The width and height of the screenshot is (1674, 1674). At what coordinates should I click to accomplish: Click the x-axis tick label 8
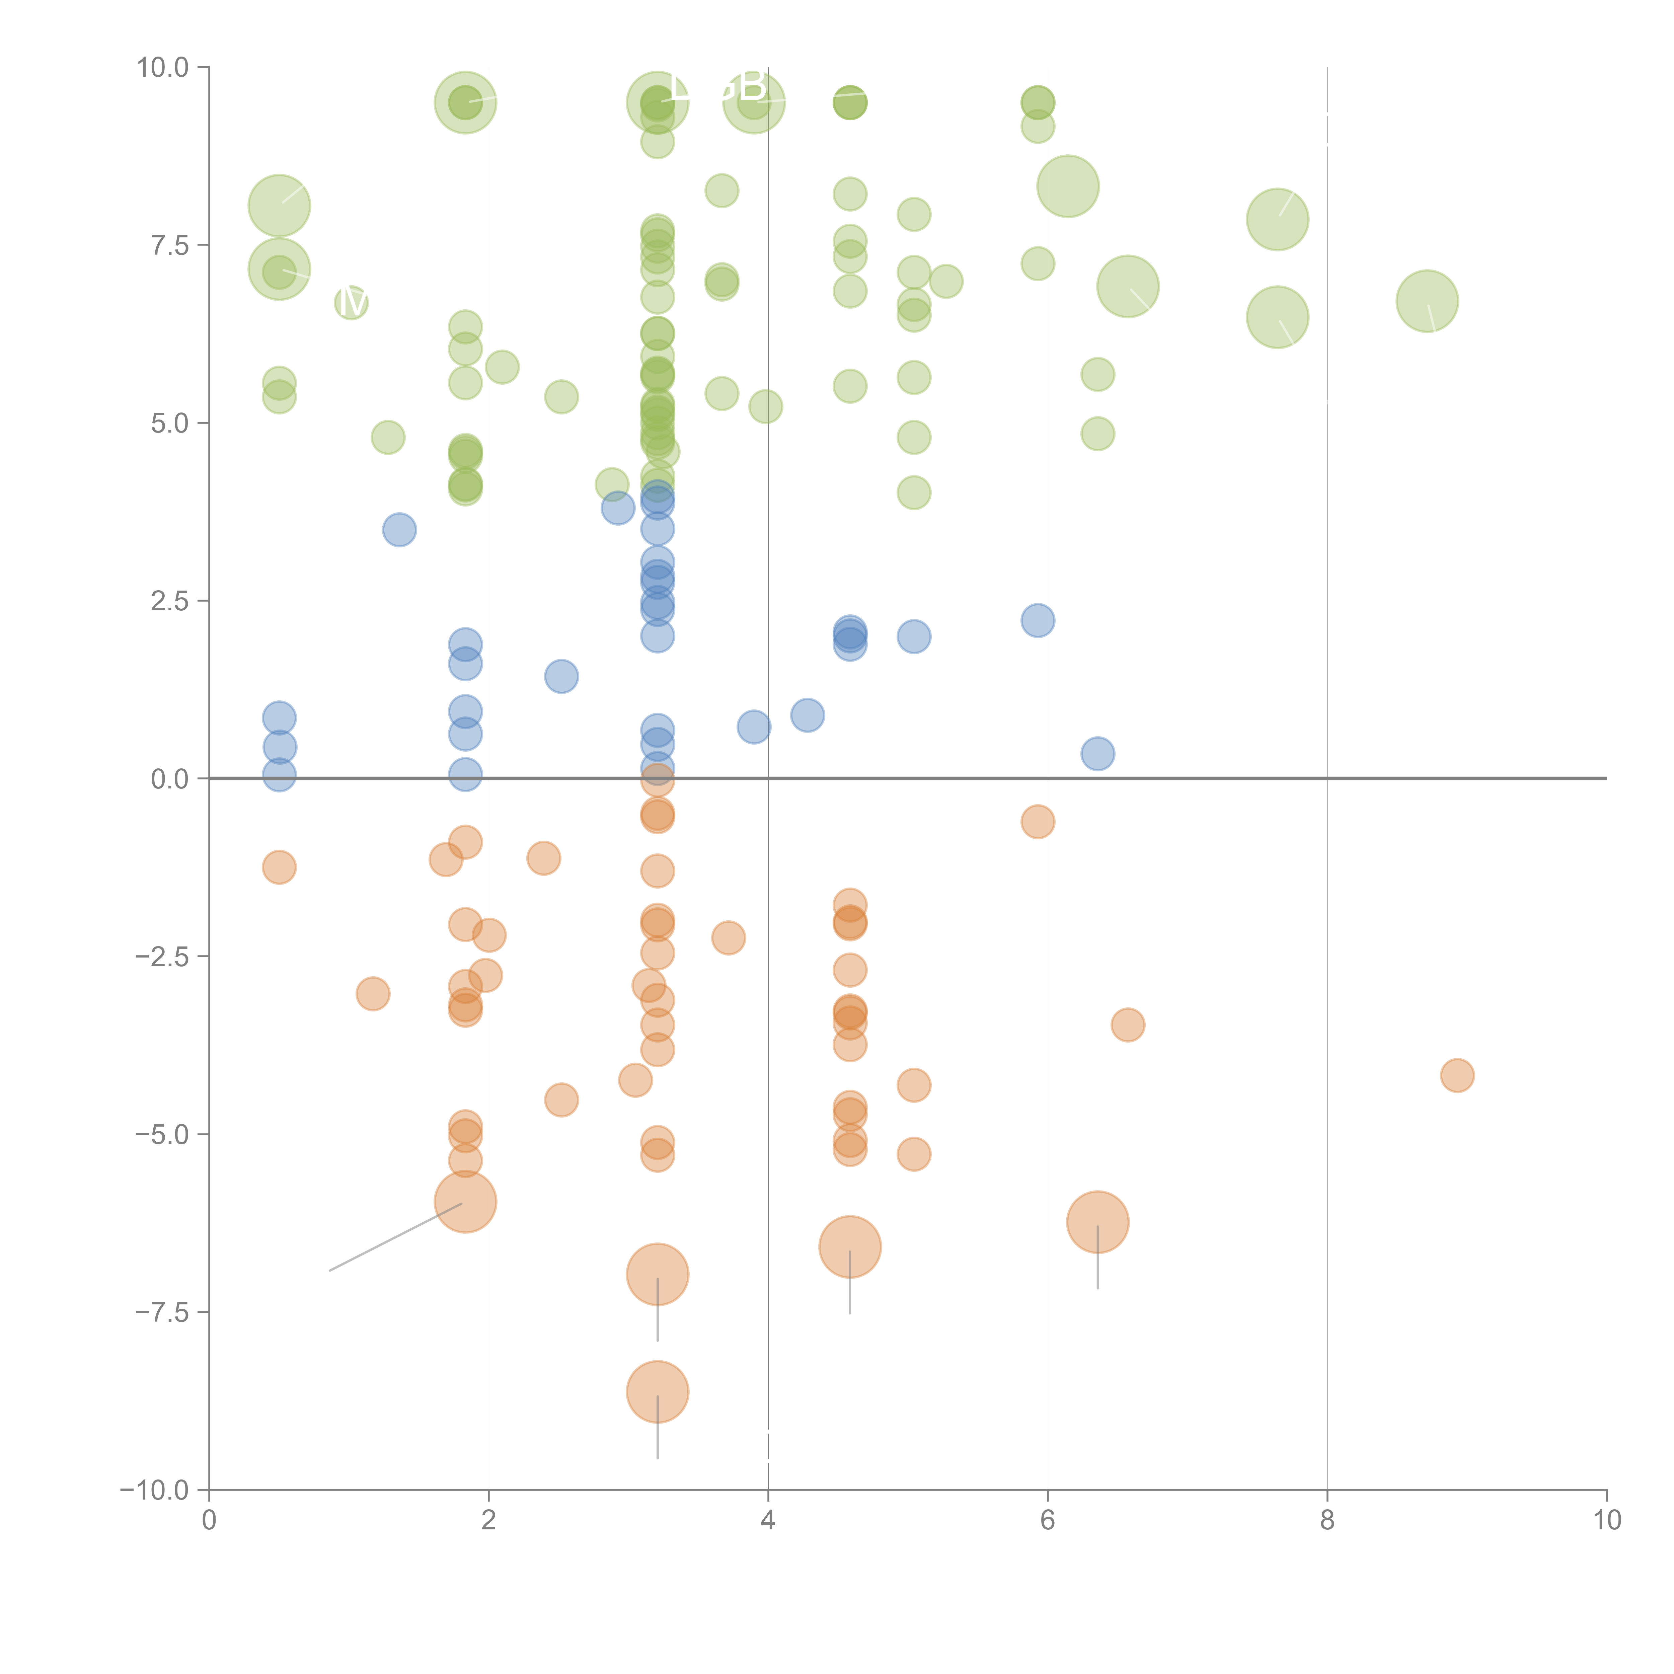1327,1521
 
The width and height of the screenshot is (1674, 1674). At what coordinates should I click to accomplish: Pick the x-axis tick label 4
768,1521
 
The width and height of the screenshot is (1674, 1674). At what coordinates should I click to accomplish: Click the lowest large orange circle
658,1392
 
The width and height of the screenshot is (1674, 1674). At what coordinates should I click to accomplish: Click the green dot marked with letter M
351,302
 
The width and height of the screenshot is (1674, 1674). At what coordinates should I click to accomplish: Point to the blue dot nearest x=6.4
1098,754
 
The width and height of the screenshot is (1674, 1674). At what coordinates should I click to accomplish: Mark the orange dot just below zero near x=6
1038,821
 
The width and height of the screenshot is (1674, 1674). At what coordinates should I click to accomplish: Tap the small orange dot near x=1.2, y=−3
373,994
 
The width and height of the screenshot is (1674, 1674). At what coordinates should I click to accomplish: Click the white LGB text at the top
717,87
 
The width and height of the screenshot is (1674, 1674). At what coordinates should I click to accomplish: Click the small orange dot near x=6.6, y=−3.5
1127,1025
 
